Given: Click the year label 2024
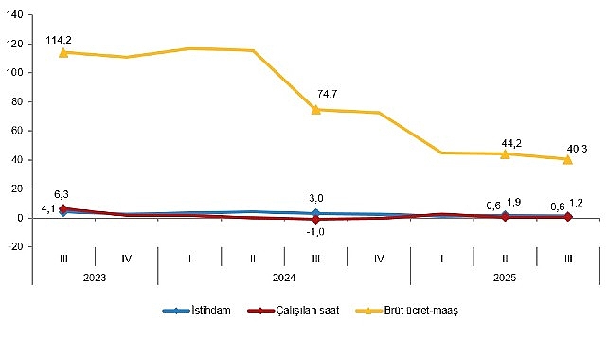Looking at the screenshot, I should pyautogui.click(x=283, y=277).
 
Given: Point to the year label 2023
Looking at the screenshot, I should pyautogui.click(x=94, y=277).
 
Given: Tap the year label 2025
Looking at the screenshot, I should pyautogui.click(x=504, y=277).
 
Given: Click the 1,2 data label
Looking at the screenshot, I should pyautogui.click(x=576, y=203).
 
